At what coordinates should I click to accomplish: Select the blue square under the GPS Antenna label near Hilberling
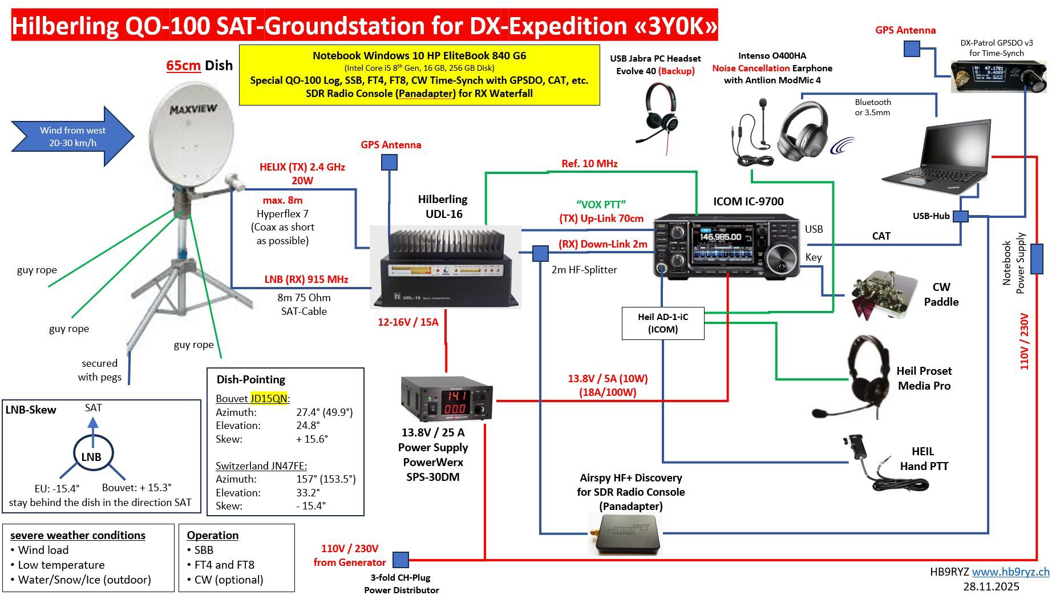389,162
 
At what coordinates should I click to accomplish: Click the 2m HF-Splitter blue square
540,253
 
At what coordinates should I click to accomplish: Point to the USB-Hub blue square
961,217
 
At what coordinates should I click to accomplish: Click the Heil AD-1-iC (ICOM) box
663,323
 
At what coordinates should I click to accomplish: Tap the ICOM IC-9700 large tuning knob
779,261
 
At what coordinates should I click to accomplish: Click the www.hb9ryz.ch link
1010,572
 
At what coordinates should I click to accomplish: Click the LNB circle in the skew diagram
91,456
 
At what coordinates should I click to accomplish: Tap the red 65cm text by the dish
183,65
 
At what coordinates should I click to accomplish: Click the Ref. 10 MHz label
589,164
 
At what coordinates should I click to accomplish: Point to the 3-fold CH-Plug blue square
400,560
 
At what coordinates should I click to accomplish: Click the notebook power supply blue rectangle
1036,259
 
